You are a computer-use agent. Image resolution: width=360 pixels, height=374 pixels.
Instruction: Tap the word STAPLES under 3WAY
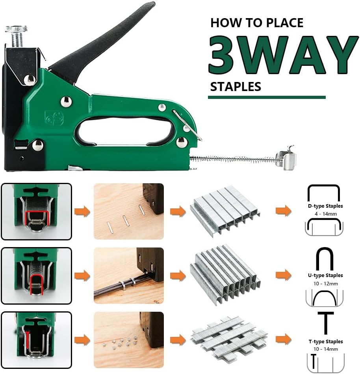point(236,86)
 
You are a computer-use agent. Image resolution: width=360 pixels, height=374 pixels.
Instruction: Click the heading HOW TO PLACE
point(257,23)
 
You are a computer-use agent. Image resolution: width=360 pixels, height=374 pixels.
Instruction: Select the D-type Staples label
point(325,206)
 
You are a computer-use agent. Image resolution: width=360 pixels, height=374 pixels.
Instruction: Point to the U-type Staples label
point(325,275)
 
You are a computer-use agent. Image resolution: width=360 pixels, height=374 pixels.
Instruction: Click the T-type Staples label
point(325,342)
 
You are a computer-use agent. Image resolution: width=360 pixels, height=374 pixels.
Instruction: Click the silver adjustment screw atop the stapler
point(16,36)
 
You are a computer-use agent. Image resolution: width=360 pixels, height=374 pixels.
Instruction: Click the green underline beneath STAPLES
point(267,97)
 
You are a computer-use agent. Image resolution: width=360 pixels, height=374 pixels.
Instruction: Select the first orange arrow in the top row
point(82,211)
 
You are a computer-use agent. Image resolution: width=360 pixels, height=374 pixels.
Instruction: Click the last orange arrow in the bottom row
point(283,339)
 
